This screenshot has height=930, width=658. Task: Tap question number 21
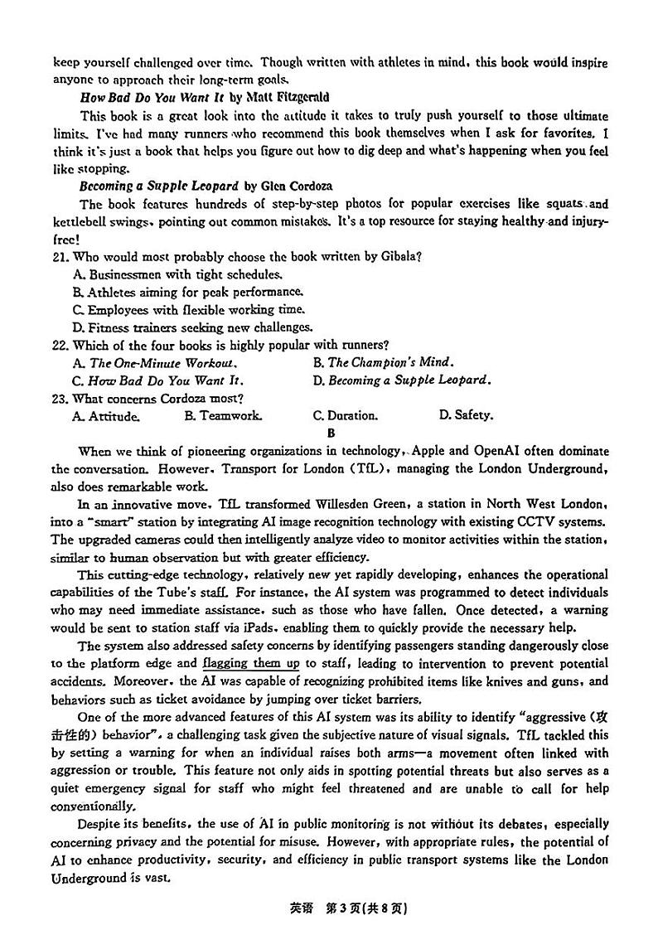(x=60, y=256)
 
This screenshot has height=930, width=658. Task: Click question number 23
(x=60, y=398)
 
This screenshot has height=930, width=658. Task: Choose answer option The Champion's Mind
(x=382, y=362)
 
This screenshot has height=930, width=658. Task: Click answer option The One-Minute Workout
(x=155, y=362)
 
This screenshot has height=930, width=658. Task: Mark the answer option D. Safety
(x=465, y=415)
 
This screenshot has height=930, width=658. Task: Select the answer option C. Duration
(x=345, y=415)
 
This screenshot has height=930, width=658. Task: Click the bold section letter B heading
(x=331, y=433)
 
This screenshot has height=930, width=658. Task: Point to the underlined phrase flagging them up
(x=250, y=663)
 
